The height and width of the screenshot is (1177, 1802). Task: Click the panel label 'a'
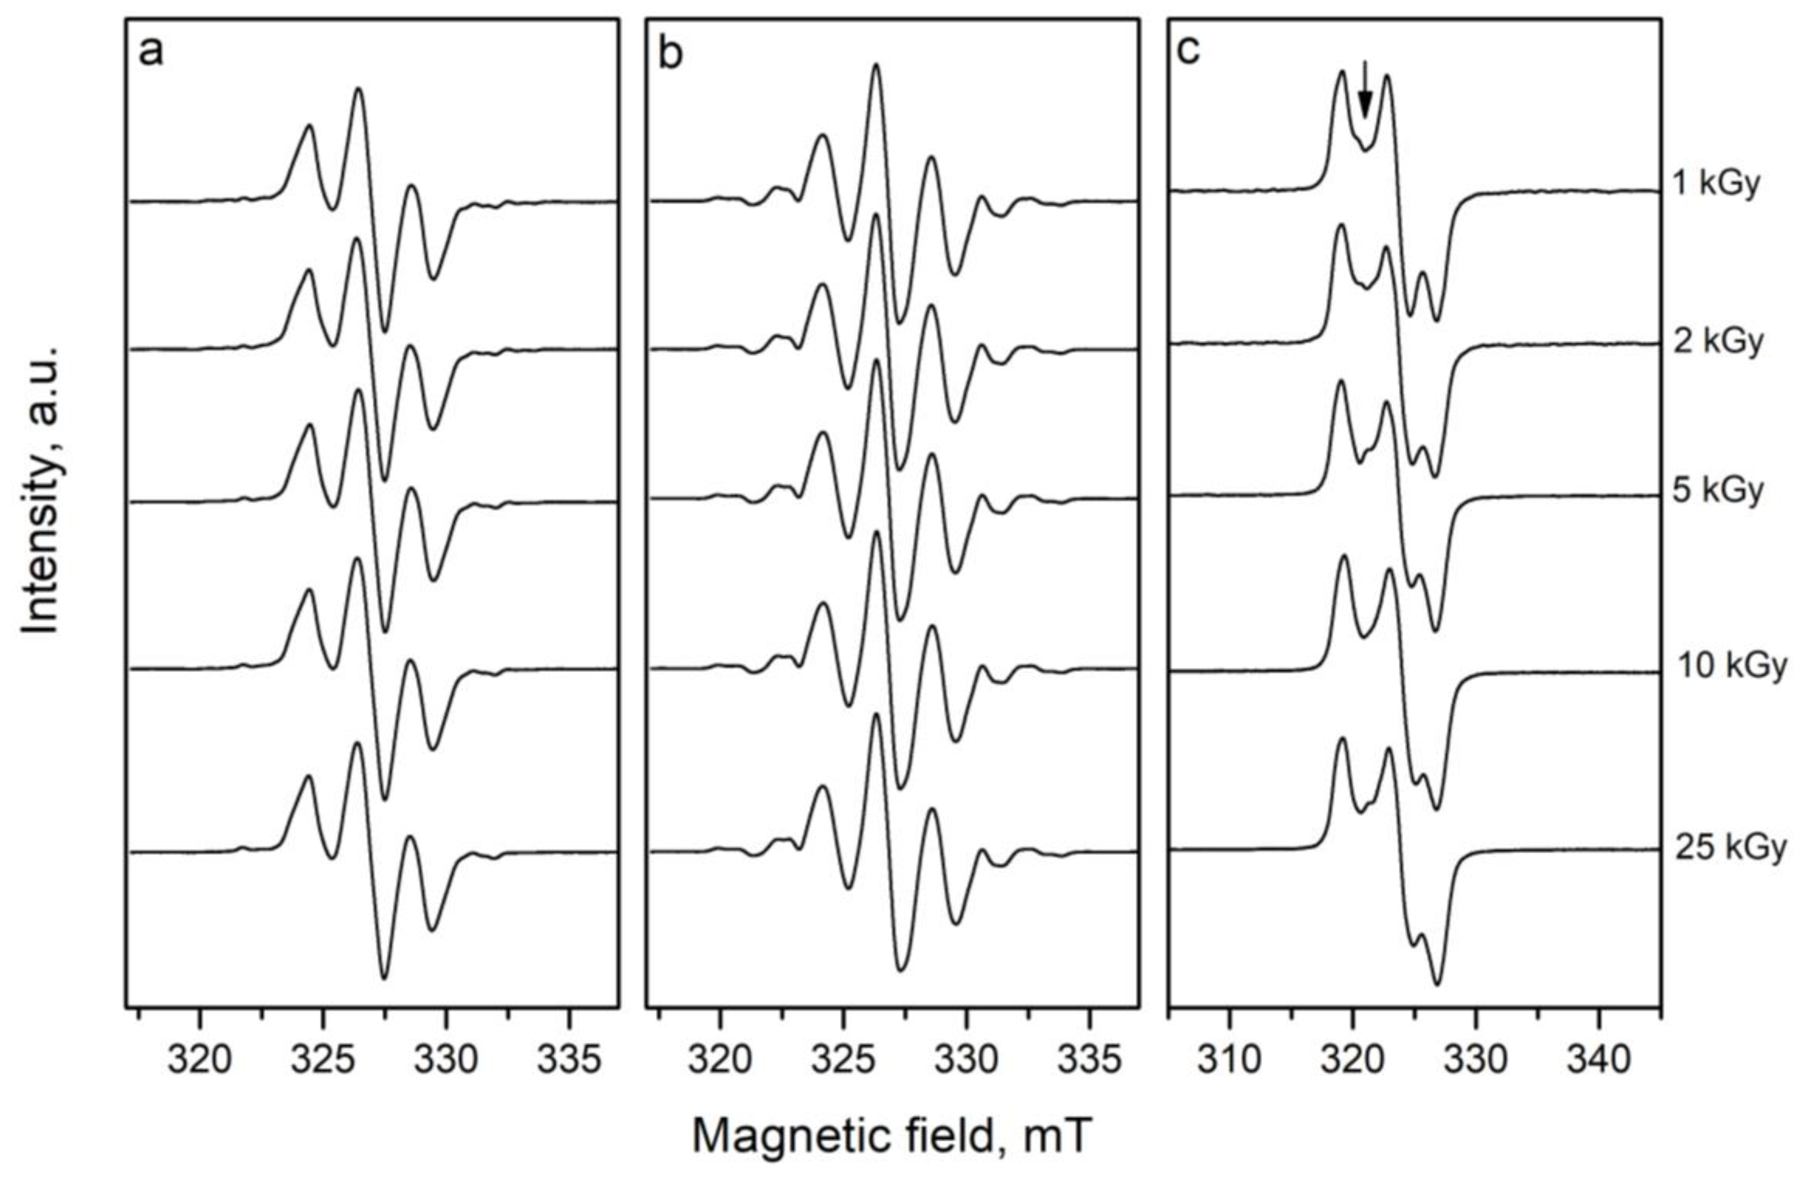coord(151,53)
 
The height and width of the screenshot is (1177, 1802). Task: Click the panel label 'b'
coord(671,53)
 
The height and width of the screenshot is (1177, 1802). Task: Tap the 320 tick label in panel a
coord(199,1060)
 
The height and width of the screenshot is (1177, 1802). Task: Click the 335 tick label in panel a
coord(569,1060)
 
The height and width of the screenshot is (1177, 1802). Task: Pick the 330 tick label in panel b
coord(966,1060)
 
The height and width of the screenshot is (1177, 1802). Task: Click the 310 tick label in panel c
coord(1229,1060)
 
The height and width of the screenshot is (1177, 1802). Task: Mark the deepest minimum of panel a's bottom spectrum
coord(384,977)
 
